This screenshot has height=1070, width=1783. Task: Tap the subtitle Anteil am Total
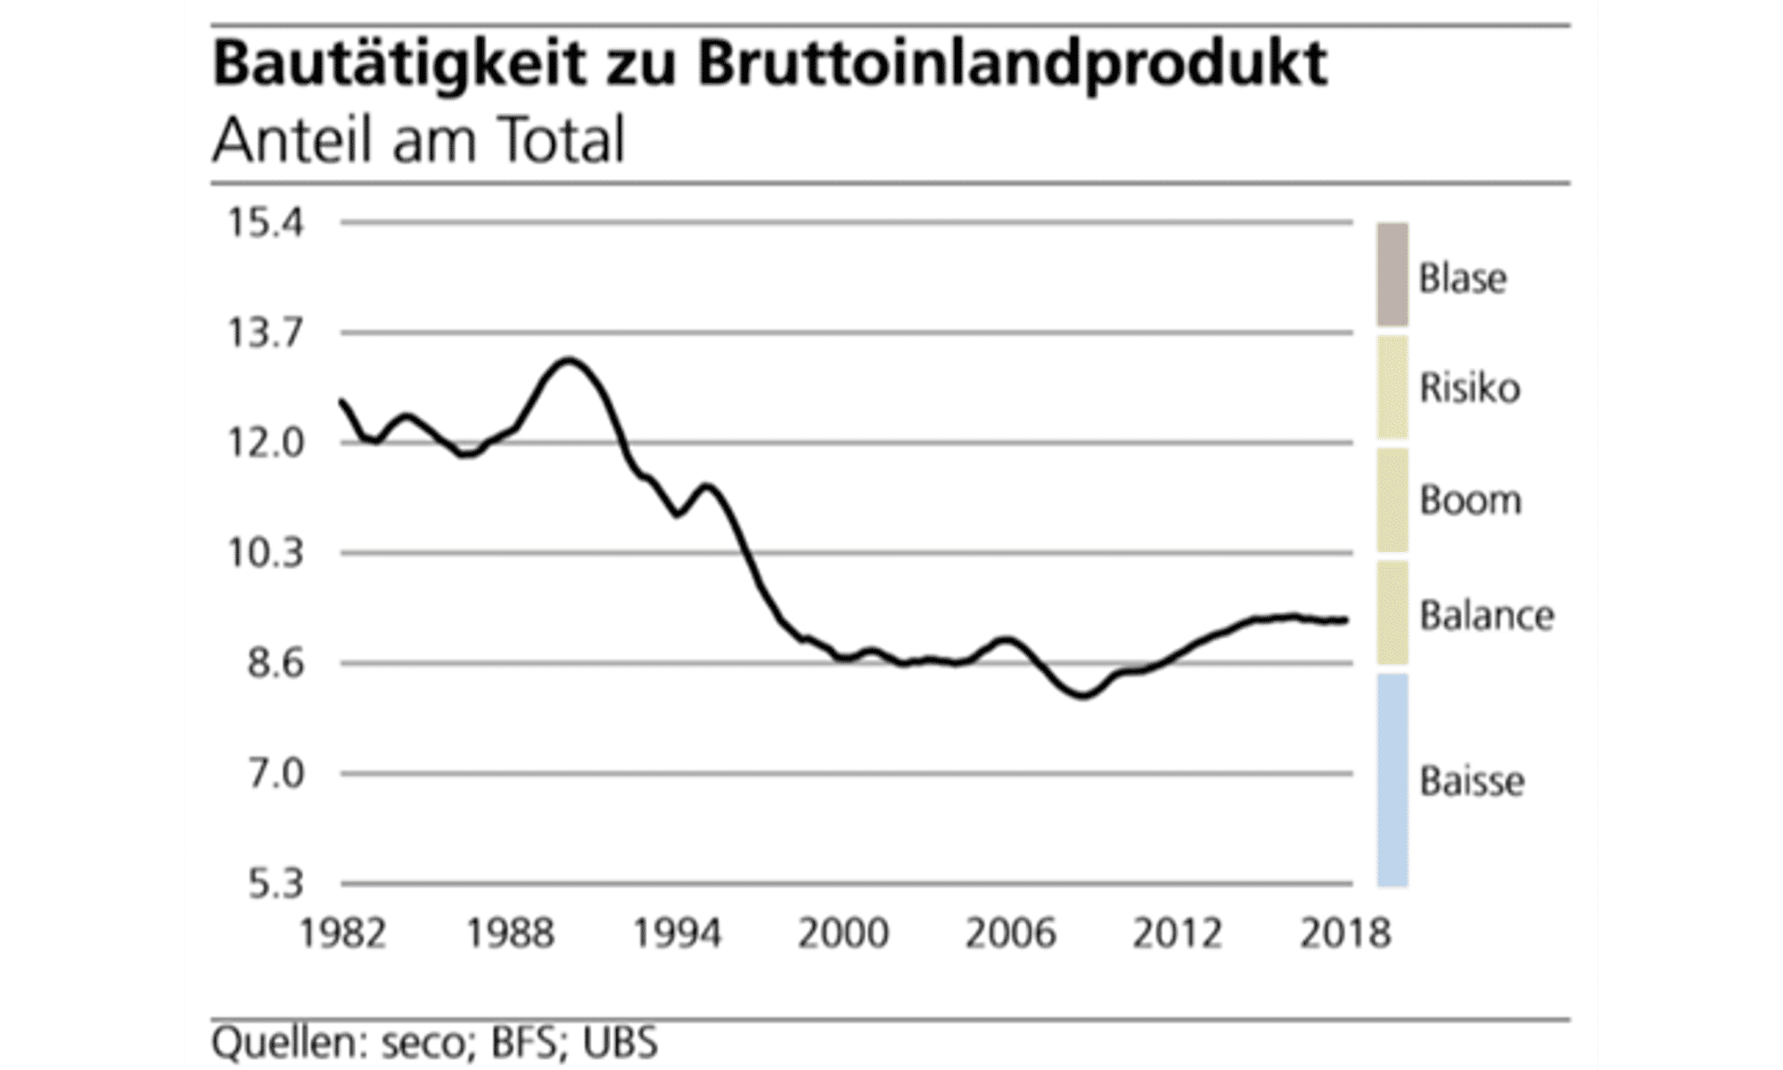[418, 141]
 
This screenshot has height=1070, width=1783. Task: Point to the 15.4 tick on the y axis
[266, 223]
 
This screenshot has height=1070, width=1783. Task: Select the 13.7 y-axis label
[266, 333]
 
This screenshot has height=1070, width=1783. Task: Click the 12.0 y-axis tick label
[266, 443]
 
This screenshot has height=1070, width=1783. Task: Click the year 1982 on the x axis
[343, 933]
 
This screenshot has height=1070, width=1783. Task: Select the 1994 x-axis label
[678, 933]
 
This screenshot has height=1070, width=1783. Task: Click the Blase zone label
[1463, 278]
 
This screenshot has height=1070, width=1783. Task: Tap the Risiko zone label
[1469, 389]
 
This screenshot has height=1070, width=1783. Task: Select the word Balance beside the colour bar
[1486, 616]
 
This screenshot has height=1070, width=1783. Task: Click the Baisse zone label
[1472, 781]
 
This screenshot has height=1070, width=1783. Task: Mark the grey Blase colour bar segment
[1392, 275]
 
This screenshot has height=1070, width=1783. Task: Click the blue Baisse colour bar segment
[1392, 779]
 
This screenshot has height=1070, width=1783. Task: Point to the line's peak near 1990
[569, 360]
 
